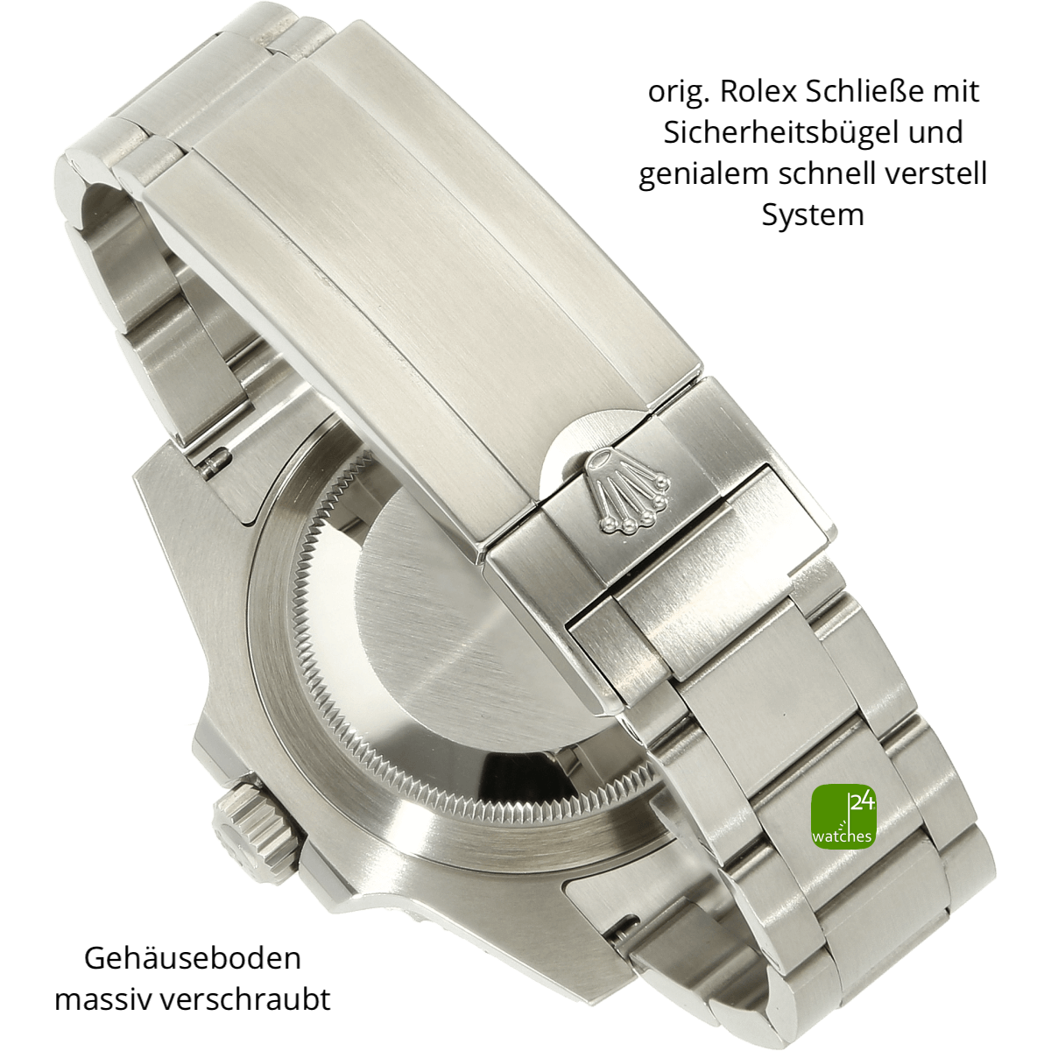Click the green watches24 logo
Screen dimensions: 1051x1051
(843, 816)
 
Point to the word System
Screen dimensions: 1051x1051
(813, 215)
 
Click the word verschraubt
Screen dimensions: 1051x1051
(245, 1000)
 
